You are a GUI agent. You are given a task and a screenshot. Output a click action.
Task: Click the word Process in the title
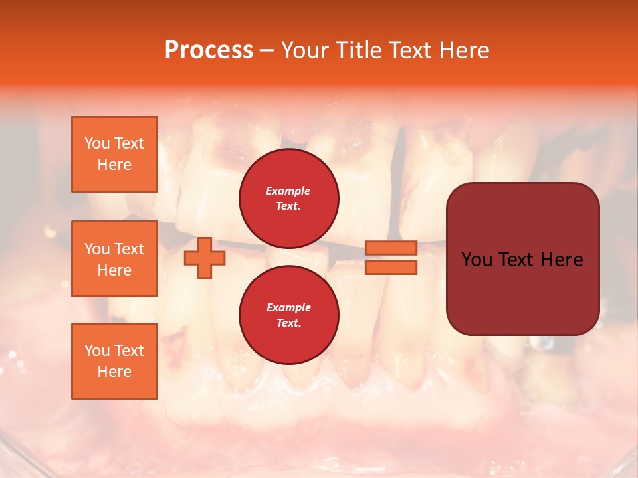coord(209,50)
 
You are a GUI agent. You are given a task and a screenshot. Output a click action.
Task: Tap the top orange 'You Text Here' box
coord(114,154)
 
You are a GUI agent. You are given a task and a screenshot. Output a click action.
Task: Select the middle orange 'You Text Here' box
coord(114,259)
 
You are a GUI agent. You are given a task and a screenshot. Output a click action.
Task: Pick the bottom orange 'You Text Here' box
coord(114,361)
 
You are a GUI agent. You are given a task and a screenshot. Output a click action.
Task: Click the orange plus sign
coord(205,258)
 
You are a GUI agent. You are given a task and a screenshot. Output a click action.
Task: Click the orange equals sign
coord(391,258)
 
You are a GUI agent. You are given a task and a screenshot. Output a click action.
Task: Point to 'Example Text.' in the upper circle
coord(288,199)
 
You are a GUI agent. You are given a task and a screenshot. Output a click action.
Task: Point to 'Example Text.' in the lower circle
coord(288,315)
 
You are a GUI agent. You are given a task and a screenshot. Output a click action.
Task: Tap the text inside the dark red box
coord(522,259)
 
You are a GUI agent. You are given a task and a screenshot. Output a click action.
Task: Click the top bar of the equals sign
coord(391,248)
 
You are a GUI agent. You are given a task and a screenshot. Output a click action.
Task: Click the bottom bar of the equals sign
coord(391,268)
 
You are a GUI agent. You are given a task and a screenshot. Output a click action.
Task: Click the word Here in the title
coord(465,50)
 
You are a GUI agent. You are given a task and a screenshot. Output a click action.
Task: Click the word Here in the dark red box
coord(562,259)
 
